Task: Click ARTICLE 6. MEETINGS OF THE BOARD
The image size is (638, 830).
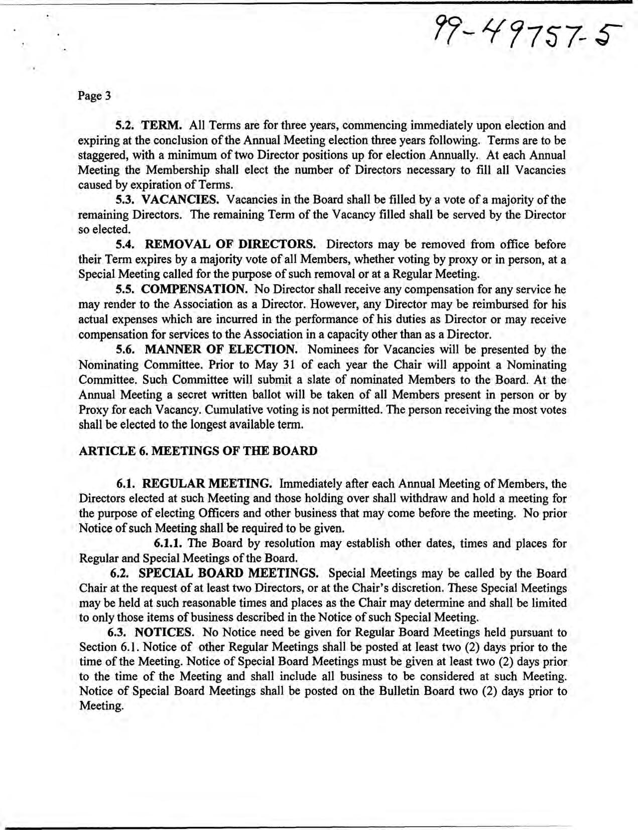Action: [x=198, y=451]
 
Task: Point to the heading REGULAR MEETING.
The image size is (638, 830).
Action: [x=208, y=484]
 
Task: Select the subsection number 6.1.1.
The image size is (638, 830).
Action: [x=170, y=544]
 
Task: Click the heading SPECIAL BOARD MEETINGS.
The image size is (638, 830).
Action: [x=228, y=573]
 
